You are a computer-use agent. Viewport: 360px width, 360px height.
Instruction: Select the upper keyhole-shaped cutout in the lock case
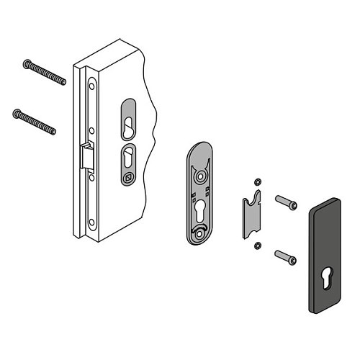pyautogui.click(x=126, y=120)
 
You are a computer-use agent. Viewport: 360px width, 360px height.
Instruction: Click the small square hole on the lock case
pyautogui.click(x=129, y=177)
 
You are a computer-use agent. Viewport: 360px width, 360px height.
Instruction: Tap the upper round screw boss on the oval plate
pyautogui.click(x=200, y=174)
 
